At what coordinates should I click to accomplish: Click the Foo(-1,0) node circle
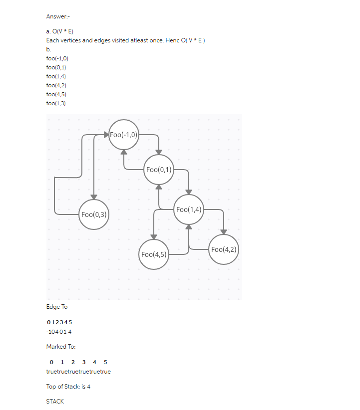pyautogui.click(x=123, y=135)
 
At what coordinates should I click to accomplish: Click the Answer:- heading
pyautogui.click(x=58, y=16)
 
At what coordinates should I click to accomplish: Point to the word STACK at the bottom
pyautogui.click(x=55, y=401)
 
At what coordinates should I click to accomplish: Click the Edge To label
pyautogui.click(x=57, y=307)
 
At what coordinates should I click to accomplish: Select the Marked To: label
pyautogui.click(x=61, y=347)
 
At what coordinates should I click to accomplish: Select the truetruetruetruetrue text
pyautogui.click(x=78, y=372)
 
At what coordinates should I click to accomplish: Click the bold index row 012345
pyautogui.click(x=59, y=322)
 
